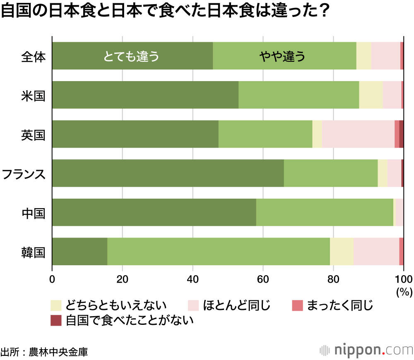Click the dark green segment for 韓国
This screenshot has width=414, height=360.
tap(79, 252)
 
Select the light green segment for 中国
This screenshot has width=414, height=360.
tap(325, 212)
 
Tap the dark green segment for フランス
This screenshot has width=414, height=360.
tap(168, 173)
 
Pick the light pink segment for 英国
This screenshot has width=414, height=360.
tap(358, 134)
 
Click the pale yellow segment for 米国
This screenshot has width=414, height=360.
tap(371, 95)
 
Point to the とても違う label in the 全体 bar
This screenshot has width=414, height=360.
tap(131, 56)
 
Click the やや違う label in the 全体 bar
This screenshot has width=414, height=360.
tap(282, 56)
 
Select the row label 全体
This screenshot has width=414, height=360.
tap(33, 56)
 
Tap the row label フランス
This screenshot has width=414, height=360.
tap(24, 173)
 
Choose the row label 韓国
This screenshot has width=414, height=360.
tap(33, 252)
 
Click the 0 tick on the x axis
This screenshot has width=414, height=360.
tap(52, 278)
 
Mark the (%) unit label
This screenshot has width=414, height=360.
tap(404, 292)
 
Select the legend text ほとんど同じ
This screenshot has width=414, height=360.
tap(236, 306)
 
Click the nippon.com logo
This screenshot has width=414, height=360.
tap(366, 350)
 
